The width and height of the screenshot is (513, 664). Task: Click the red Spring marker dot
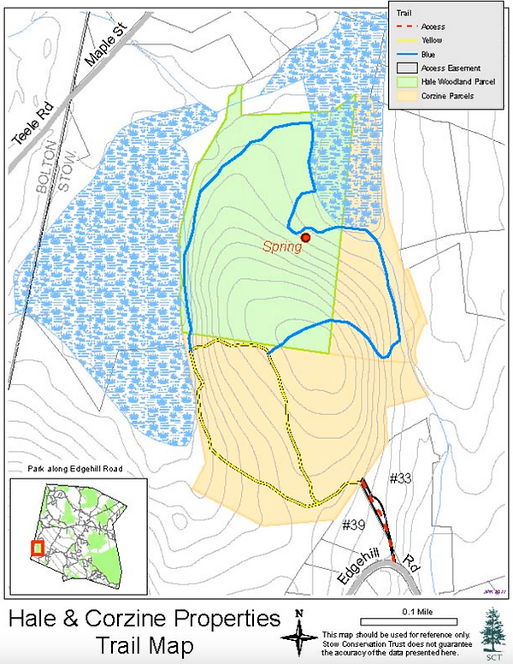pos(305,237)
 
